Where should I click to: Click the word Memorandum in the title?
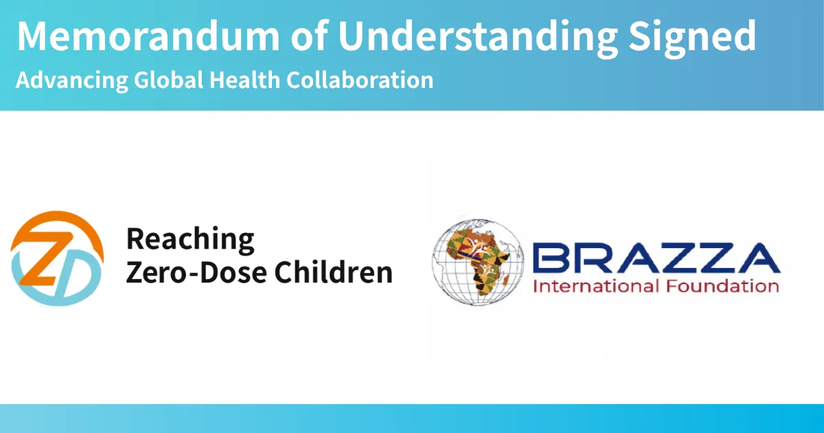tap(148, 36)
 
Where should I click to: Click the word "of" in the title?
tap(310, 35)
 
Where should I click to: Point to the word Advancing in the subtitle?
tap(72, 80)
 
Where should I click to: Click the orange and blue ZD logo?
tap(57, 258)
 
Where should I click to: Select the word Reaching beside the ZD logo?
tap(190, 241)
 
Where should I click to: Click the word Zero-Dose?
tap(196, 272)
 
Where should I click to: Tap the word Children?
tap(334, 272)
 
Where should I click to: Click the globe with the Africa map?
tap(478, 262)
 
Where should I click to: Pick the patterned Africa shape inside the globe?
tap(477, 260)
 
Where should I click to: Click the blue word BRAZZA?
tap(656, 258)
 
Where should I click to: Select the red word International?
tap(596, 286)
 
